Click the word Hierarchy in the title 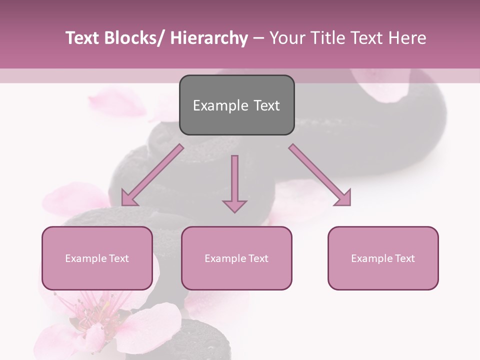click(209, 38)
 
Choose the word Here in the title click(407, 38)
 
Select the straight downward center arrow click(234, 185)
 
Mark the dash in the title click(258, 38)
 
